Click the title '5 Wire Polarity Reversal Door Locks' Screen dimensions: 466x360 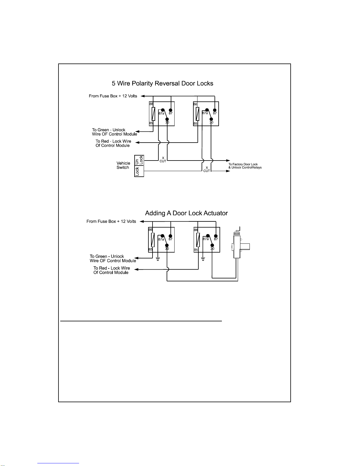coord(163,83)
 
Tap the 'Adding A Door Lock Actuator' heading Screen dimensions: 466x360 coord(186,213)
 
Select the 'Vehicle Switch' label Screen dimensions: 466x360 coord(123,165)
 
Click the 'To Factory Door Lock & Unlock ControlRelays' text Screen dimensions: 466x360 coord(245,166)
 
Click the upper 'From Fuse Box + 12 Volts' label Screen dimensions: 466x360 coord(113,96)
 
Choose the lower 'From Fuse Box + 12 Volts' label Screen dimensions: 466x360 coord(111,221)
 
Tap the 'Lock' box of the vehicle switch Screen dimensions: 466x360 coord(137,171)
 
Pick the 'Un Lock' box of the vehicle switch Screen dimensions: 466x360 coord(139,160)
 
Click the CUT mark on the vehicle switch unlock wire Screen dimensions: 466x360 coord(163,160)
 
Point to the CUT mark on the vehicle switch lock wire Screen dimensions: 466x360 coord(207,169)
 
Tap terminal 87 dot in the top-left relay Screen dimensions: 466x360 coord(170,110)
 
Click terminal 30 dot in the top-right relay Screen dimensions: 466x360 coord(211,119)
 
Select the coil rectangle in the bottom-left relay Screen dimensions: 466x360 coord(153,240)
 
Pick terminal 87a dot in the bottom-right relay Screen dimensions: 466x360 coord(208,236)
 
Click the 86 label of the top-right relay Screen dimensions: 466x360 coord(195,104)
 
